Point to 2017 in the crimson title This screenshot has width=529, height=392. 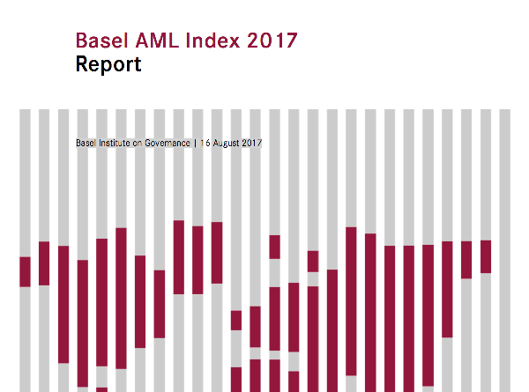272,41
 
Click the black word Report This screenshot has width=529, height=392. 108,65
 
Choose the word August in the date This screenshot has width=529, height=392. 225,143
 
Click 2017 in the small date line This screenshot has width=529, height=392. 251,143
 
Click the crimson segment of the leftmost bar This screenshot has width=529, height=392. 25,271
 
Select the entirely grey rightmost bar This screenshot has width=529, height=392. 505,247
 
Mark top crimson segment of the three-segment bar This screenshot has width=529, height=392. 275,247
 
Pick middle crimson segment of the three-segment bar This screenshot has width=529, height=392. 275,318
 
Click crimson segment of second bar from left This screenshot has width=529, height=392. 44,263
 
